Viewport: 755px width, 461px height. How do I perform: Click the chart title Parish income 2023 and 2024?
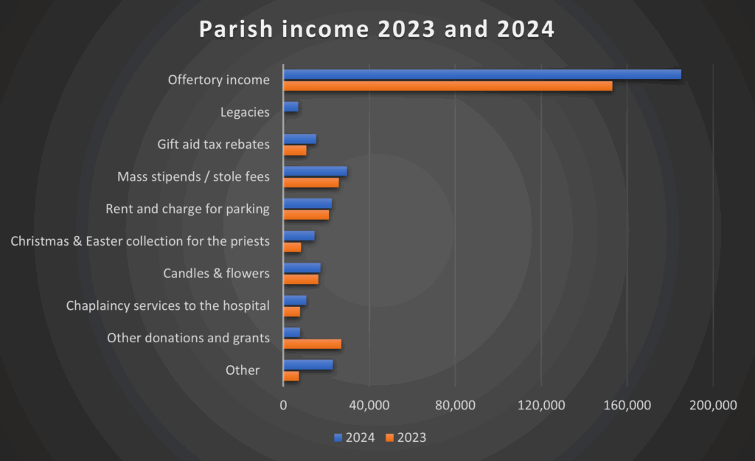pos(377,30)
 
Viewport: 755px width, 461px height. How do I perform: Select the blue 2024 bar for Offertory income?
pos(482,74)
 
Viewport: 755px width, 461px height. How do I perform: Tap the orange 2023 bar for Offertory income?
pos(448,86)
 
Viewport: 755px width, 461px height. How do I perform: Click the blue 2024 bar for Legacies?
pos(291,107)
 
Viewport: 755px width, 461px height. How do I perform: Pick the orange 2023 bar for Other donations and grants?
pos(313,344)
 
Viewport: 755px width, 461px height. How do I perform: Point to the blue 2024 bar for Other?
pos(308,364)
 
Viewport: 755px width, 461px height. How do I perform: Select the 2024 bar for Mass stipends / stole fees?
pos(315,171)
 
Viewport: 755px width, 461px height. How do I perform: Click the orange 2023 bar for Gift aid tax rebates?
pos(295,150)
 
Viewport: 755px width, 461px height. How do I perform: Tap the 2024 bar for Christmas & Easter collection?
pos(299,235)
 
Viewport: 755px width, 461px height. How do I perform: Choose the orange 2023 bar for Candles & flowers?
pos(301,279)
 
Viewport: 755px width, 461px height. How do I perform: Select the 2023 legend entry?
pos(405,437)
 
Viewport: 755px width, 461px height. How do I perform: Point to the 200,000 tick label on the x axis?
pos(712,405)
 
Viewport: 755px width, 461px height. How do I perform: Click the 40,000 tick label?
pos(369,405)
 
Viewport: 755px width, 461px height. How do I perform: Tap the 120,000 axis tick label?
pos(540,405)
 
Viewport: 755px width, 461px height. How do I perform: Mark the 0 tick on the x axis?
pos(283,405)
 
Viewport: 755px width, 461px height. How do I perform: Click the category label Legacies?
pos(245,112)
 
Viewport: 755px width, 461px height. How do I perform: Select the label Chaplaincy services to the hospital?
pos(167,305)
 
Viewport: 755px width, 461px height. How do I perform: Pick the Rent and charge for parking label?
pos(187,209)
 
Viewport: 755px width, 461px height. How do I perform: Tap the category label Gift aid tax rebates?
pos(213,145)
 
